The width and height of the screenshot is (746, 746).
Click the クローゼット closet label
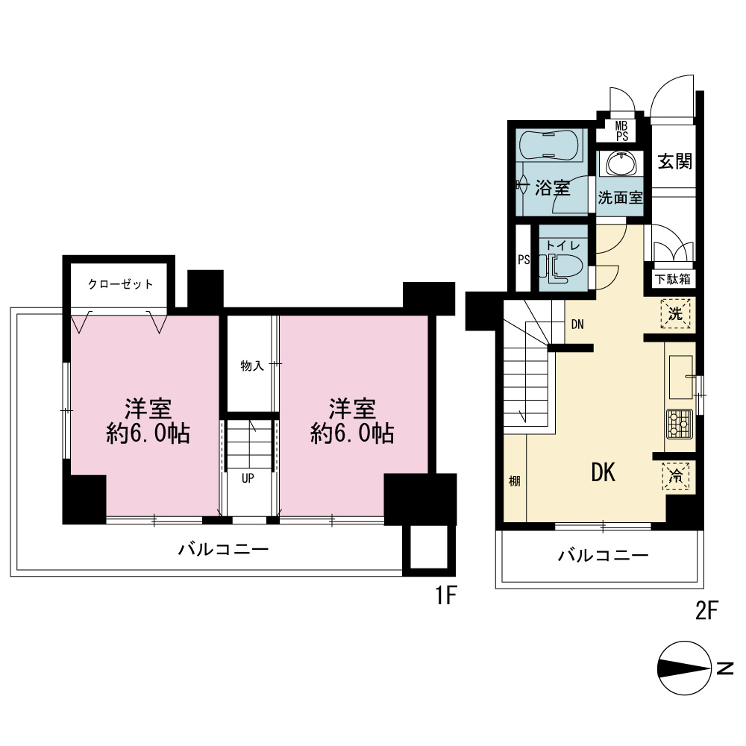(120, 284)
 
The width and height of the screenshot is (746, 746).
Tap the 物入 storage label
(252, 366)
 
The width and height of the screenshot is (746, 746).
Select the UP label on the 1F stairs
(248, 478)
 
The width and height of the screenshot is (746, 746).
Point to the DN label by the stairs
(577, 325)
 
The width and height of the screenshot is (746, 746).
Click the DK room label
(604, 472)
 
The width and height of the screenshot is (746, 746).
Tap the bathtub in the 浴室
(550, 145)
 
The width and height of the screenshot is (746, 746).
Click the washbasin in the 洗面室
(621, 164)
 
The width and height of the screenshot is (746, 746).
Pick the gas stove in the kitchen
(680, 424)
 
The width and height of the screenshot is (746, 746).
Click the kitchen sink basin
(681, 377)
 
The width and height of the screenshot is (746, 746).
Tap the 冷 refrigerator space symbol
(676, 476)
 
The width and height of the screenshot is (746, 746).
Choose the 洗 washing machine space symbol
(676, 313)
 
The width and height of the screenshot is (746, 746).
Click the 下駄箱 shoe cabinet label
(673, 279)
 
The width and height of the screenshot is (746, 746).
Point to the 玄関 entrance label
(675, 162)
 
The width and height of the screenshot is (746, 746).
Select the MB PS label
(622, 131)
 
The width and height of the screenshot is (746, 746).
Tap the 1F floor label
(446, 595)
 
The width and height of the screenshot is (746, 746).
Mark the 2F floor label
(707, 610)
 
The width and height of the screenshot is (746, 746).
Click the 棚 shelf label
(515, 481)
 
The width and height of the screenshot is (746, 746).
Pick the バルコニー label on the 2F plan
(604, 555)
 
